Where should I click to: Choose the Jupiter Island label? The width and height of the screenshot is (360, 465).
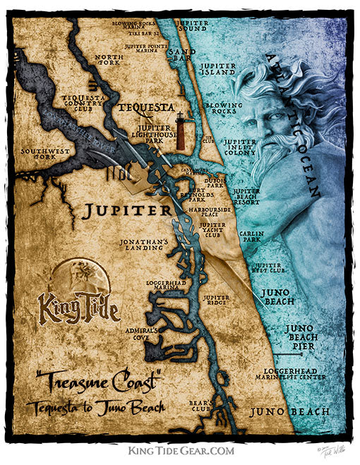217,69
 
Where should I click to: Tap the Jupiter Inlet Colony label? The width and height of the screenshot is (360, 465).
240,147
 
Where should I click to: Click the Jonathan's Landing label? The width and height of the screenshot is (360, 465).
144,244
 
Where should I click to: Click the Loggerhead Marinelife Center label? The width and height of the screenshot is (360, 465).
290,374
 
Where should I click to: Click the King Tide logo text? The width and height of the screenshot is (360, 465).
78,309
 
